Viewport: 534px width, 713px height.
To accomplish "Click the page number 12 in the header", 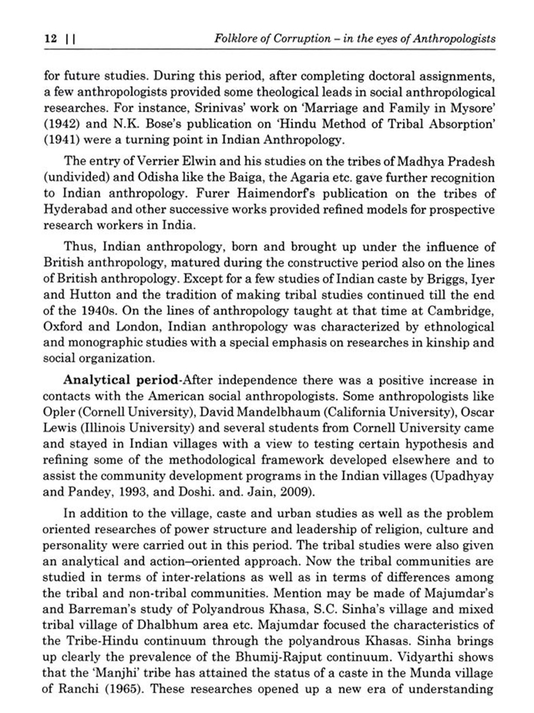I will click(x=51, y=39).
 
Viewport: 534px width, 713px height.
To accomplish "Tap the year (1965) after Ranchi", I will click(x=124, y=688).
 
